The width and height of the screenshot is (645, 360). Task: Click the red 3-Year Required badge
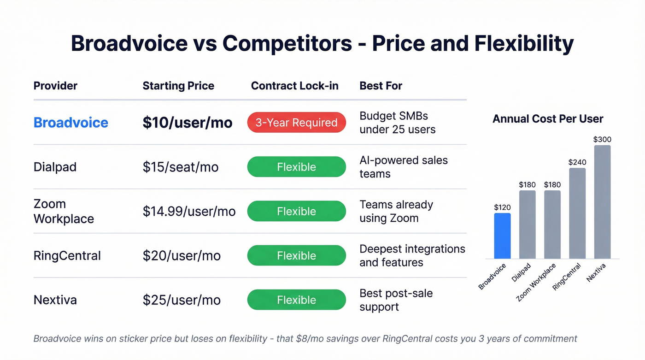(x=296, y=123)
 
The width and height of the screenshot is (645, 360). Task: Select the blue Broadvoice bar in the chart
(x=502, y=236)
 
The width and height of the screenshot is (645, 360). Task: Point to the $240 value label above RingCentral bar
(x=577, y=162)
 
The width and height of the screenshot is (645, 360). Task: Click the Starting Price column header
(x=178, y=86)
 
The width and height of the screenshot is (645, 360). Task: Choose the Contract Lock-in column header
(x=294, y=86)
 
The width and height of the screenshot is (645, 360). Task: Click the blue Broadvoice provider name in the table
(x=71, y=123)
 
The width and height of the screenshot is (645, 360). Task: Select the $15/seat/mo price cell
(x=180, y=167)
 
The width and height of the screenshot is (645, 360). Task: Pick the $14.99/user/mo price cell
(x=189, y=211)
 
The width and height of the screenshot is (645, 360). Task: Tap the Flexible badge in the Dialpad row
(x=296, y=167)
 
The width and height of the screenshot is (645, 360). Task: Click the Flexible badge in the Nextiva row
(x=296, y=300)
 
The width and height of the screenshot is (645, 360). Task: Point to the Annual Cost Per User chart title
(x=548, y=119)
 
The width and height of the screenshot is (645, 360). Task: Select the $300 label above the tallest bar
(x=602, y=140)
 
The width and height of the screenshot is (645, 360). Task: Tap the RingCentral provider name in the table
(x=67, y=255)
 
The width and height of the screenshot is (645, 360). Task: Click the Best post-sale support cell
(x=396, y=300)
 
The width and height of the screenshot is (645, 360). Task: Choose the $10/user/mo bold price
(x=187, y=123)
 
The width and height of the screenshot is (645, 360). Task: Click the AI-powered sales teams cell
(x=403, y=167)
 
